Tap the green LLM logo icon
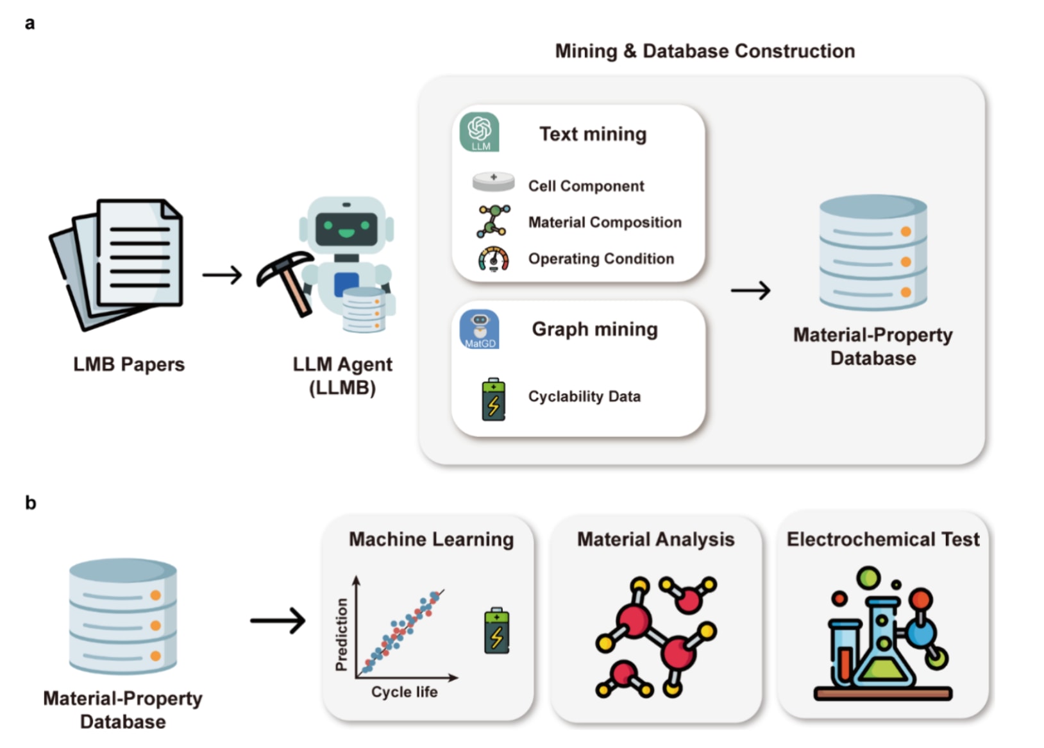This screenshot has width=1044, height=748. pos(480,132)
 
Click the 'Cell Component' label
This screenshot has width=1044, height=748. pos(585,186)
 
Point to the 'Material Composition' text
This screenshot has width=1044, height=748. pos(604,223)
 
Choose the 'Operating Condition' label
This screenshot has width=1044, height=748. pos(601,259)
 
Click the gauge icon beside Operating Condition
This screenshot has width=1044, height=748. pos(493,259)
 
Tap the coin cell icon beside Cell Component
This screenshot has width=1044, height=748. pos(493,182)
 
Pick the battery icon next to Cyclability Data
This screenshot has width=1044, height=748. pos(493,400)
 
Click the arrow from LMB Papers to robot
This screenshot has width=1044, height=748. pos(222,275)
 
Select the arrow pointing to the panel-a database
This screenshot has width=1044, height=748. pos(750,291)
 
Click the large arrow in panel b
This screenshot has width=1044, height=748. pos(278,620)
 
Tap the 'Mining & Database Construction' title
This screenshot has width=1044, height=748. pos(704,51)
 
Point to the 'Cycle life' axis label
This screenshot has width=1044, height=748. pos(404,692)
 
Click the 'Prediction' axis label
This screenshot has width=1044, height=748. pos(342,634)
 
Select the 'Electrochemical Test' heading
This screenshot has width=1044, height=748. pos(882,540)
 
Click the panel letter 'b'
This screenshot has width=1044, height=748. pos(30,503)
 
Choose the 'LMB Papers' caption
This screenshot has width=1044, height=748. pos(129,364)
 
